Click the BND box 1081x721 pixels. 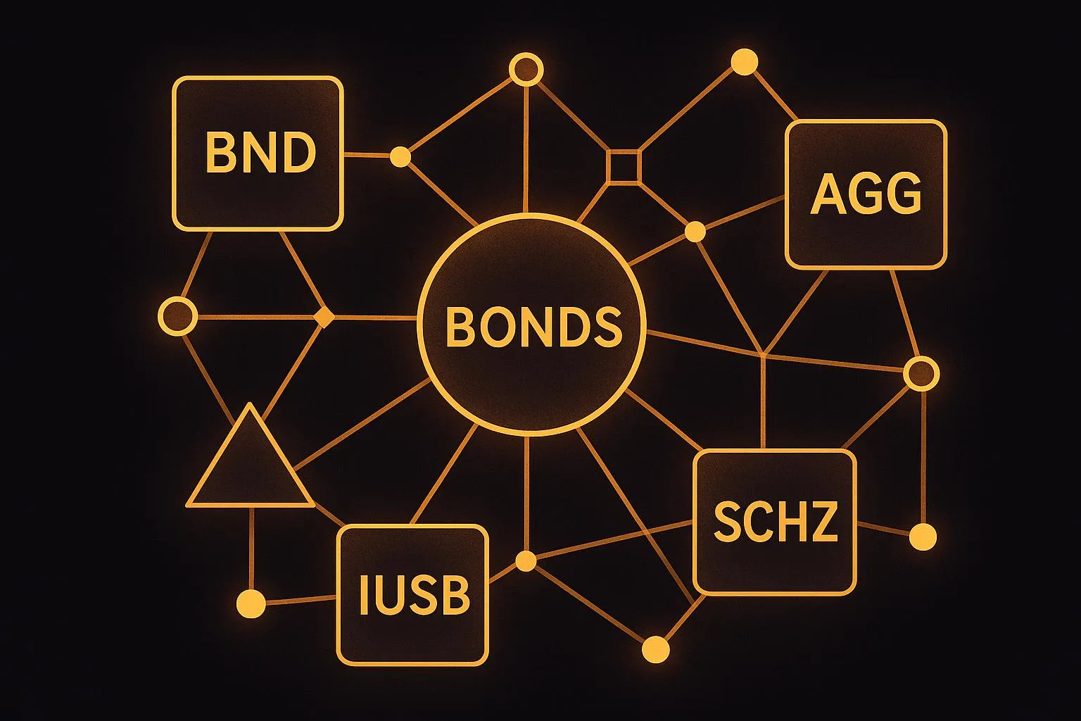click(258, 153)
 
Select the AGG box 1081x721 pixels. click(866, 194)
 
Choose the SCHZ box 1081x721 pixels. click(775, 522)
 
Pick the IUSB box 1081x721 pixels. click(412, 595)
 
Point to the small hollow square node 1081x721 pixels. click(624, 166)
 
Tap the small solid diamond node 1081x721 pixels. click(323, 318)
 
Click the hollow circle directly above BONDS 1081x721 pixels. click(526, 70)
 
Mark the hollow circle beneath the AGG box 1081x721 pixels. click(921, 373)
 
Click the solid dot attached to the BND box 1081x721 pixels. click(400, 156)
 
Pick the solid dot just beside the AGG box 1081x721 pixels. click(695, 231)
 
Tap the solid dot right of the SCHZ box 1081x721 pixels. click(923, 537)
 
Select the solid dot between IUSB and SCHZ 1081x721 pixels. click(526, 561)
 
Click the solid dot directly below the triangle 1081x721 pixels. click(251, 603)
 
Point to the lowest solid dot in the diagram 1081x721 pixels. click(656, 647)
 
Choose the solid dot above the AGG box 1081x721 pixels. click(744, 62)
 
